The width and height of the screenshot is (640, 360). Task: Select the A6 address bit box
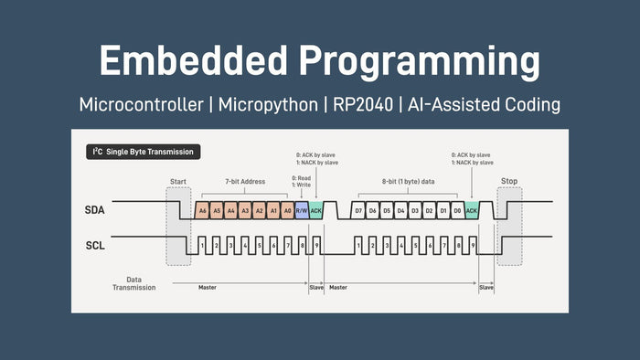coord(202,211)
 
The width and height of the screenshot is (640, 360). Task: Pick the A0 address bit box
coord(287,211)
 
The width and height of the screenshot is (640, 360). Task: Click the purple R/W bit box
coord(302,211)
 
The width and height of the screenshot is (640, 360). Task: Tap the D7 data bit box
coord(357,211)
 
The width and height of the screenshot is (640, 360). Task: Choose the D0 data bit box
coord(457,211)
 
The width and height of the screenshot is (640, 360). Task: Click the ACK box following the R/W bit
coord(316,211)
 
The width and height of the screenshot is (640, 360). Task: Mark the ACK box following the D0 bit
coord(472,211)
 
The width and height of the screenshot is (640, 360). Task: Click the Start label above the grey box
coord(178,181)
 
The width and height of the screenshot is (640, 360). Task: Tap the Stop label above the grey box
coord(509,181)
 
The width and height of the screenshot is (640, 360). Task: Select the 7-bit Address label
coord(244,182)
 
